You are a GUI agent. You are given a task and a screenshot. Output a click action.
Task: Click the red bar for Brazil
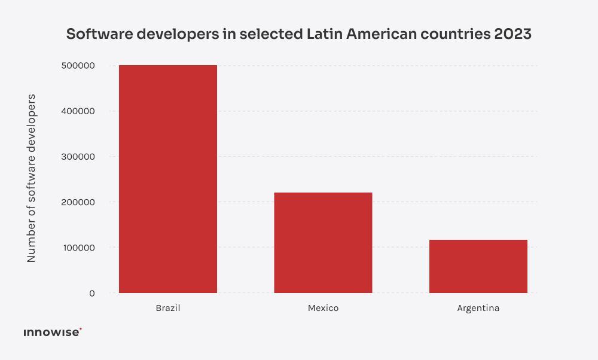pyautogui.click(x=168, y=179)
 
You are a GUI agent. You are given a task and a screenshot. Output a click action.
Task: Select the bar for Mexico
pyautogui.click(x=323, y=243)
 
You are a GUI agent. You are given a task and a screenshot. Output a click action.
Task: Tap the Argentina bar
pyautogui.click(x=478, y=267)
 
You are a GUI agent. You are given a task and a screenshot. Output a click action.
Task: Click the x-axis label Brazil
pyautogui.click(x=168, y=309)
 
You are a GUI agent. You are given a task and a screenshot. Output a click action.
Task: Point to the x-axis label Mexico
pyautogui.click(x=323, y=309)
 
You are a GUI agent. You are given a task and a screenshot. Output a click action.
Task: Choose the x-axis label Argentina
pyautogui.click(x=478, y=309)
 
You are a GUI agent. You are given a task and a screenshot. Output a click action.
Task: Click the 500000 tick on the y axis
pyautogui.click(x=78, y=66)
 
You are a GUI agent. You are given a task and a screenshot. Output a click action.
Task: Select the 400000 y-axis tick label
pyautogui.click(x=78, y=111)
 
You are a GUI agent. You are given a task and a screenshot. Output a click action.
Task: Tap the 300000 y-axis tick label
pyautogui.click(x=78, y=157)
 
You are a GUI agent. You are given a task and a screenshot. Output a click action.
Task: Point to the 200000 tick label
pyautogui.click(x=78, y=202)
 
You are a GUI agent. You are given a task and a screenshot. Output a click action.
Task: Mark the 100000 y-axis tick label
pyautogui.click(x=78, y=248)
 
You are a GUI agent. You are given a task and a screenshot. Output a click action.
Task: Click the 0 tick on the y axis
pyautogui.click(x=91, y=293)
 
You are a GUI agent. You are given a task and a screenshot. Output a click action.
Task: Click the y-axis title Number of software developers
pyautogui.click(x=32, y=178)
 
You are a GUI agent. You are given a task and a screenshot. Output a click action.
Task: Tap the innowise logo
pyautogui.click(x=51, y=332)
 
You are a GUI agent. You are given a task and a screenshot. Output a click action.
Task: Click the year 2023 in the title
pyautogui.click(x=512, y=34)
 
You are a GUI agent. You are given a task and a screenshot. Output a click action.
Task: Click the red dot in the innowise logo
pyautogui.click(x=81, y=329)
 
